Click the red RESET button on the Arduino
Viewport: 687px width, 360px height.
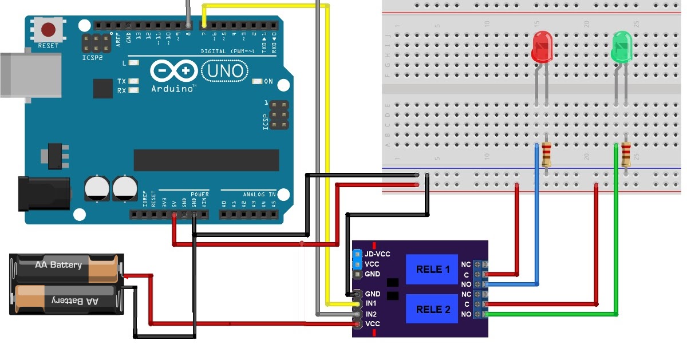pyautogui.click(x=48, y=29)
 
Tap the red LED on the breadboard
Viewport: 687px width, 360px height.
pyautogui.click(x=540, y=48)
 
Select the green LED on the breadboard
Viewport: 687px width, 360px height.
pyautogui.click(x=621, y=48)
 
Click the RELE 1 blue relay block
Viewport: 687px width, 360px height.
pyautogui.click(x=432, y=269)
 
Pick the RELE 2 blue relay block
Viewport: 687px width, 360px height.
pyautogui.click(x=432, y=310)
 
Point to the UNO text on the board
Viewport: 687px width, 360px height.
pyautogui.click(x=226, y=71)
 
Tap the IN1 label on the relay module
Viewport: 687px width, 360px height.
pyautogui.click(x=371, y=303)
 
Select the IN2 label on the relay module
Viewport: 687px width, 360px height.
pyautogui.click(x=371, y=314)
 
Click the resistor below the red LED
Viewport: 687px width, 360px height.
pyautogui.click(x=547, y=153)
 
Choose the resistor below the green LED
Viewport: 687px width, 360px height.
pyautogui.click(x=626, y=153)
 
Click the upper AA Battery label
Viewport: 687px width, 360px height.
pyautogui.click(x=58, y=265)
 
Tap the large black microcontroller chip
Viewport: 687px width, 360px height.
pyautogui.click(x=206, y=160)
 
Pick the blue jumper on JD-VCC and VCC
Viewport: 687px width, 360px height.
pyautogui.click(x=357, y=259)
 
